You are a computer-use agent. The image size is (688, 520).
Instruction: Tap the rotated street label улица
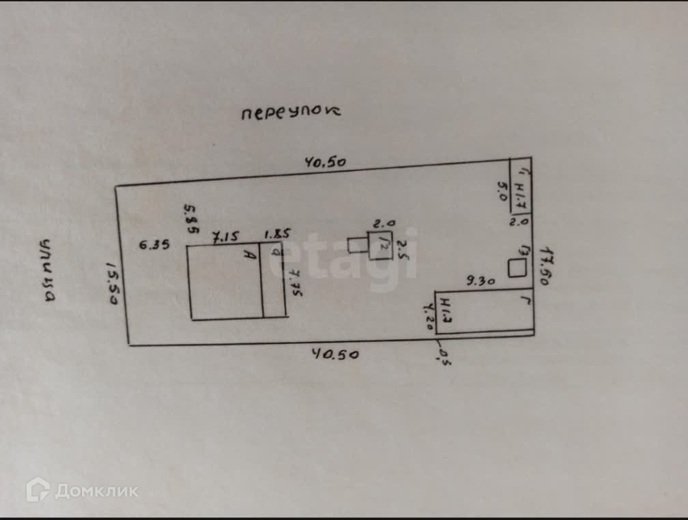pos(47,271)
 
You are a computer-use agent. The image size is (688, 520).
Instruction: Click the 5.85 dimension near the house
pos(192,218)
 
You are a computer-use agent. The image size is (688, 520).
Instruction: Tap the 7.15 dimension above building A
pos(225,237)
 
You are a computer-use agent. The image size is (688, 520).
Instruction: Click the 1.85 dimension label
pos(275,235)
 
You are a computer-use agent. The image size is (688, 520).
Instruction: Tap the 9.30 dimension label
pos(481,279)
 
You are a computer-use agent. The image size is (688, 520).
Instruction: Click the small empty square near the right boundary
pos(517,269)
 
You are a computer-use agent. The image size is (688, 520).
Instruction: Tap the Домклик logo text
pos(96,491)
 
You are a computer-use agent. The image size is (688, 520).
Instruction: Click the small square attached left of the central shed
pos(357,244)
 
